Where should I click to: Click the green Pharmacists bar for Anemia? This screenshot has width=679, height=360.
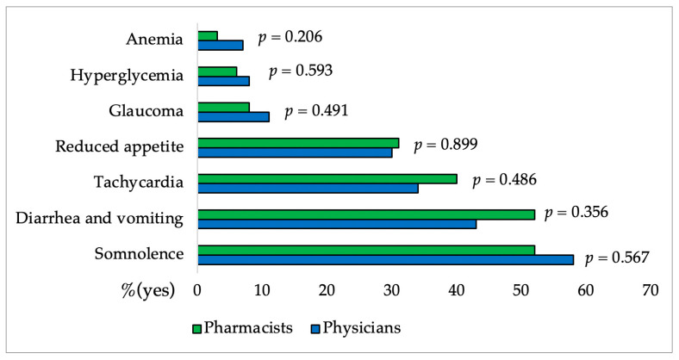pyautogui.click(x=208, y=36)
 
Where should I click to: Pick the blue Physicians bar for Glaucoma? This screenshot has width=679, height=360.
pyautogui.click(x=234, y=116)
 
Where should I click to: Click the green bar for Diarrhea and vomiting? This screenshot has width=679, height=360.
pyautogui.click(x=366, y=214)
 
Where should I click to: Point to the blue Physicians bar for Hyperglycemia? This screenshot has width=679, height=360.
pyautogui.click(x=223, y=81)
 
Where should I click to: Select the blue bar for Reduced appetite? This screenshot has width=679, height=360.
pyautogui.click(x=295, y=152)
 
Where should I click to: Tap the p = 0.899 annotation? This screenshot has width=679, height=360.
pyautogui.click(x=445, y=145)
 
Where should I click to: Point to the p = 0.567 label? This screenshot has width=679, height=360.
pyautogui.click(x=616, y=258)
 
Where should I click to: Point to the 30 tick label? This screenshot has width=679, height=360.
pyautogui.click(x=391, y=290)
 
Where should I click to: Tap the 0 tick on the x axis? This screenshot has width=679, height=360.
pyautogui.click(x=197, y=290)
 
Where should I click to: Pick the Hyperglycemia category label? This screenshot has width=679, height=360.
pyautogui.click(x=128, y=76)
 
